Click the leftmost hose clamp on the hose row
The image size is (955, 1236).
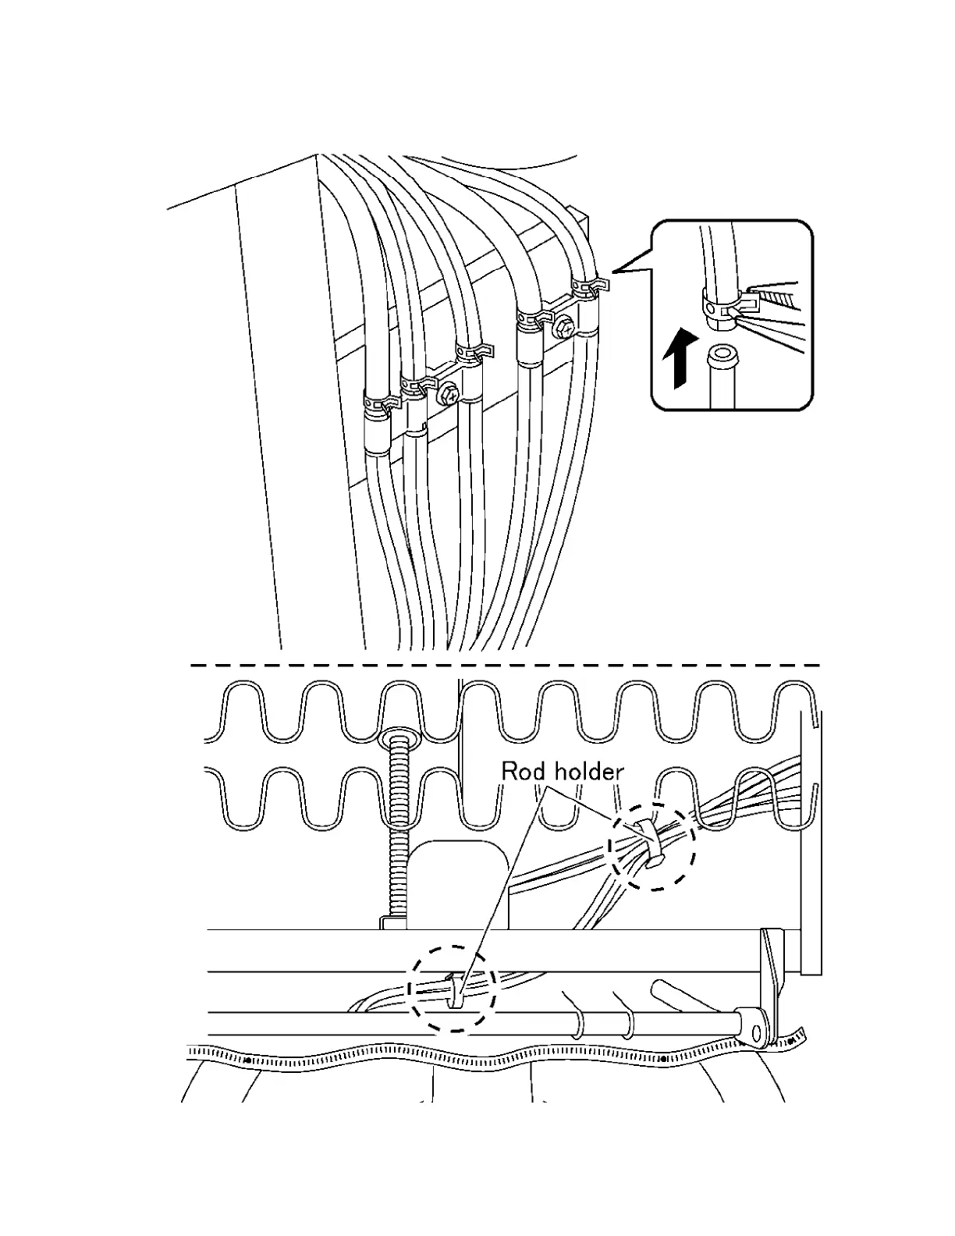pos(380,404)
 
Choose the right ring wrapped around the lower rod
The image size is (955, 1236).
pos(627,1024)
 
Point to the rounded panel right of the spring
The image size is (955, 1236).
pos(460,882)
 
